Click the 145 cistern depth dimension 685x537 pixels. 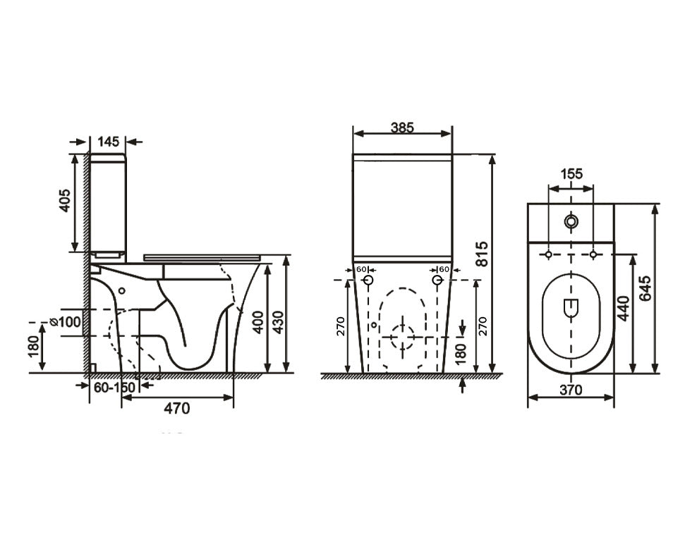pyautogui.click(x=108, y=142)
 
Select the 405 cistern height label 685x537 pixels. pyautogui.click(x=65, y=201)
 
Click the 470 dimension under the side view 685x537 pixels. pyautogui.click(x=177, y=408)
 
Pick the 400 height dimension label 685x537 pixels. pyautogui.click(x=258, y=322)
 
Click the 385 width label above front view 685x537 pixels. pyautogui.click(x=401, y=128)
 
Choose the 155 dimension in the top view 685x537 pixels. pyautogui.click(x=571, y=174)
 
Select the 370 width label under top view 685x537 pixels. pyautogui.click(x=571, y=390)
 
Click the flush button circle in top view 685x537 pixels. pyautogui.click(x=571, y=221)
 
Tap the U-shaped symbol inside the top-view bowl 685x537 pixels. pyautogui.click(x=571, y=309)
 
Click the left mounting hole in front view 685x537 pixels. pyautogui.click(x=368, y=280)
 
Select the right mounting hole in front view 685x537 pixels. pyautogui.click(x=437, y=280)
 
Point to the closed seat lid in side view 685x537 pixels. pyautogui.click(x=202, y=257)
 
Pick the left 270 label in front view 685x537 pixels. pyautogui.click(x=341, y=326)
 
